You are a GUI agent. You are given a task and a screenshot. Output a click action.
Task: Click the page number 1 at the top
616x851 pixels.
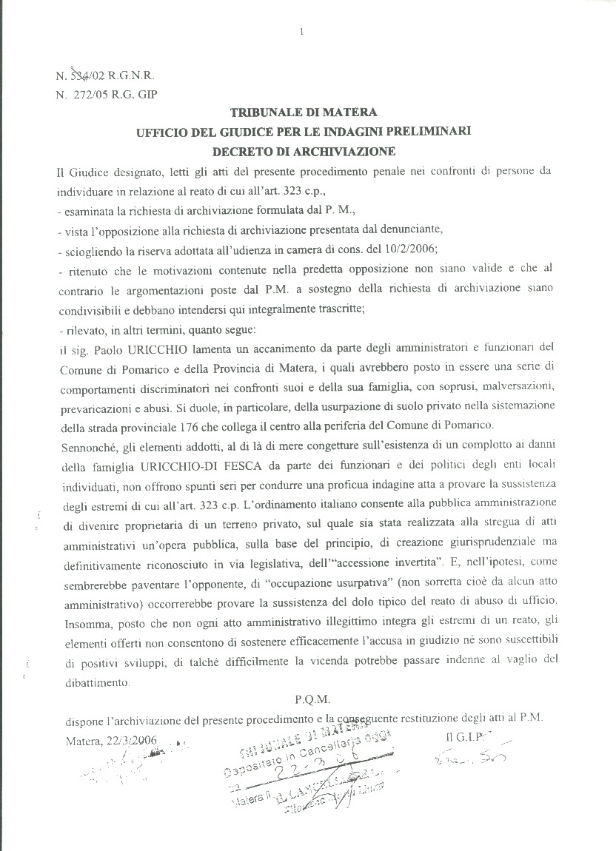[303, 31]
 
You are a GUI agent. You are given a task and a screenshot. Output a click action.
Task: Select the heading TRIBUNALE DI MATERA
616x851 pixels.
[304, 112]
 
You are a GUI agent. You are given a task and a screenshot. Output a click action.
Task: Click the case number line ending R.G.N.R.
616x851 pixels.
[105, 75]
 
